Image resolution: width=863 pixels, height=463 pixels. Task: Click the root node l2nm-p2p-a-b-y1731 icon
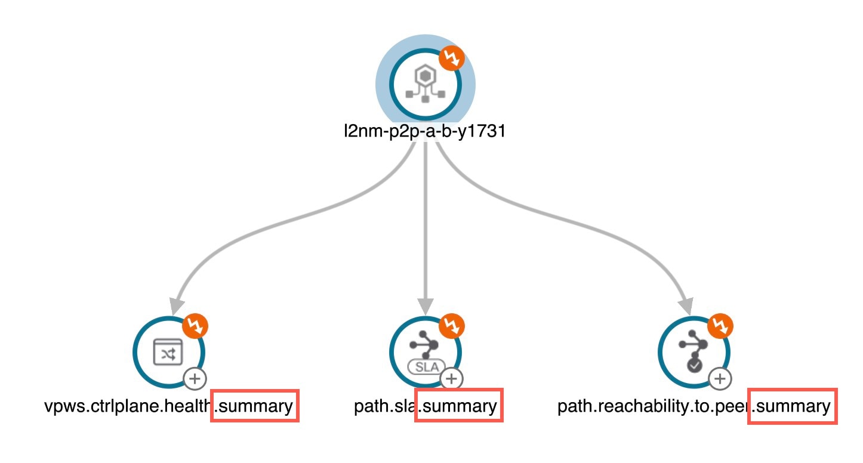pyautogui.click(x=425, y=84)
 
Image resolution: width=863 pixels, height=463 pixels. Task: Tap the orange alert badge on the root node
pyautogui.click(x=452, y=58)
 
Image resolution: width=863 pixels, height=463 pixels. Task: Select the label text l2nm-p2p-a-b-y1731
pyautogui.click(x=425, y=131)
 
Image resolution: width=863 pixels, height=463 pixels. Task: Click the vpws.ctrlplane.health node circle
pyautogui.click(x=168, y=352)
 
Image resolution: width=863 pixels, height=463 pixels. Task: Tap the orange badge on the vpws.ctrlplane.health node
pyautogui.click(x=196, y=326)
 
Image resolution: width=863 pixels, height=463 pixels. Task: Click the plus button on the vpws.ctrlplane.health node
pyautogui.click(x=196, y=378)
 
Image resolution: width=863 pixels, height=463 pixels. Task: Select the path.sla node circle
pyautogui.click(x=425, y=352)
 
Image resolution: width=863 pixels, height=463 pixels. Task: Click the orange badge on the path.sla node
pyautogui.click(x=452, y=326)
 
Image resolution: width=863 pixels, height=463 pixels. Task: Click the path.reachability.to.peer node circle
pyautogui.click(x=694, y=352)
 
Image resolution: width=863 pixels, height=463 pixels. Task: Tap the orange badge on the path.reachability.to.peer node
pyautogui.click(x=720, y=326)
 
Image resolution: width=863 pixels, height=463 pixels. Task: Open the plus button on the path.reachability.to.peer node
pyautogui.click(x=720, y=378)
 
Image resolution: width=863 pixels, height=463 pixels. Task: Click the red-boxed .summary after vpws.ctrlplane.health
pyautogui.click(x=254, y=406)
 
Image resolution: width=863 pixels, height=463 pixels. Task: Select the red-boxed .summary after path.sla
pyautogui.click(x=458, y=406)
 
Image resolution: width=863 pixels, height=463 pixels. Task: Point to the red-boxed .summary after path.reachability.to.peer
pyautogui.click(x=792, y=406)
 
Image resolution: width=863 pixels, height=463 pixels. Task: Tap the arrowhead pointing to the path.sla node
pyautogui.click(x=425, y=305)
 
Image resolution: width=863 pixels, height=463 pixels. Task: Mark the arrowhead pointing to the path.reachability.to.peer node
pyautogui.click(x=685, y=305)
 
